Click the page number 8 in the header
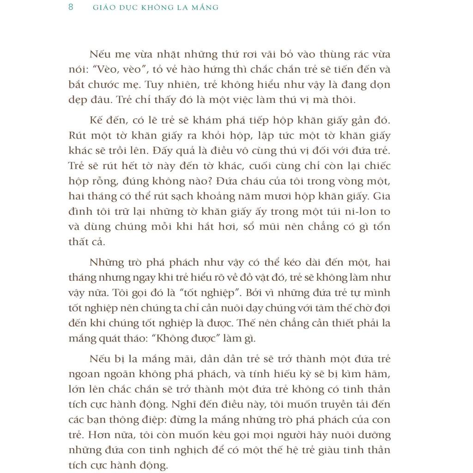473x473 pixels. tap(71, 7)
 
